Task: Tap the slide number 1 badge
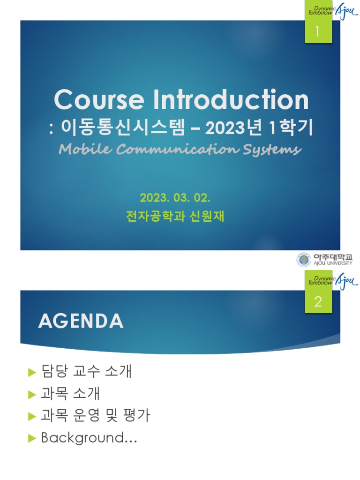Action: pyautogui.click(x=318, y=32)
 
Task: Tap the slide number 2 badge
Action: pyautogui.click(x=318, y=302)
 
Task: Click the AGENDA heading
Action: pyautogui.click(x=80, y=321)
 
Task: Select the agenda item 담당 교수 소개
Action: pyautogui.click(x=87, y=372)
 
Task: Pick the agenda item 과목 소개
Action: pyautogui.click(x=71, y=394)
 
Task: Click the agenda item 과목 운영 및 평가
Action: pyautogui.click(x=96, y=416)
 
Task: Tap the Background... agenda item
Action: pyautogui.click(x=89, y=438)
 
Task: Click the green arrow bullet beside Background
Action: pyautogui.click(x=32, y=438)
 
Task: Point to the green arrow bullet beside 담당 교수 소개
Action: pyautogui.click(x=32, y=373)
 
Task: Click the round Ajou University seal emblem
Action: pyautogui.click(x=303, y=260)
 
